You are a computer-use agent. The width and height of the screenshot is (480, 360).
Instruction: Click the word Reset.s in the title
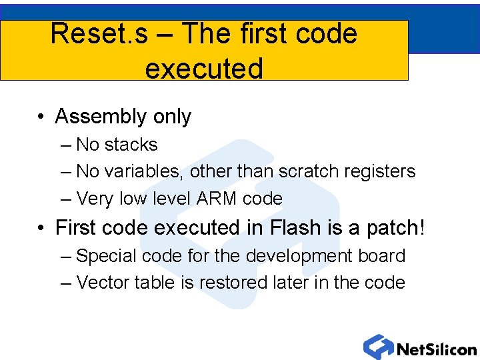pos(99,34)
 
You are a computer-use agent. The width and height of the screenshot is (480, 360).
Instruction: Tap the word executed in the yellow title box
pos(203,68)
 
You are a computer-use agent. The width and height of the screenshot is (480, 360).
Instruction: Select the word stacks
pos(131,145)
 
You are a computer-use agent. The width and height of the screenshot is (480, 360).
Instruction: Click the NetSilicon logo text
pos(436,349)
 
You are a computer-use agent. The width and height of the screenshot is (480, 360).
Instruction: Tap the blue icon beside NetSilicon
pos(378,347)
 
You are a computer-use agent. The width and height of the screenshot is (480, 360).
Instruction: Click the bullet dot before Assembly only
pos(42,118)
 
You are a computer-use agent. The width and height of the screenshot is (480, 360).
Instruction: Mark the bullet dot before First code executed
pos(42,229)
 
